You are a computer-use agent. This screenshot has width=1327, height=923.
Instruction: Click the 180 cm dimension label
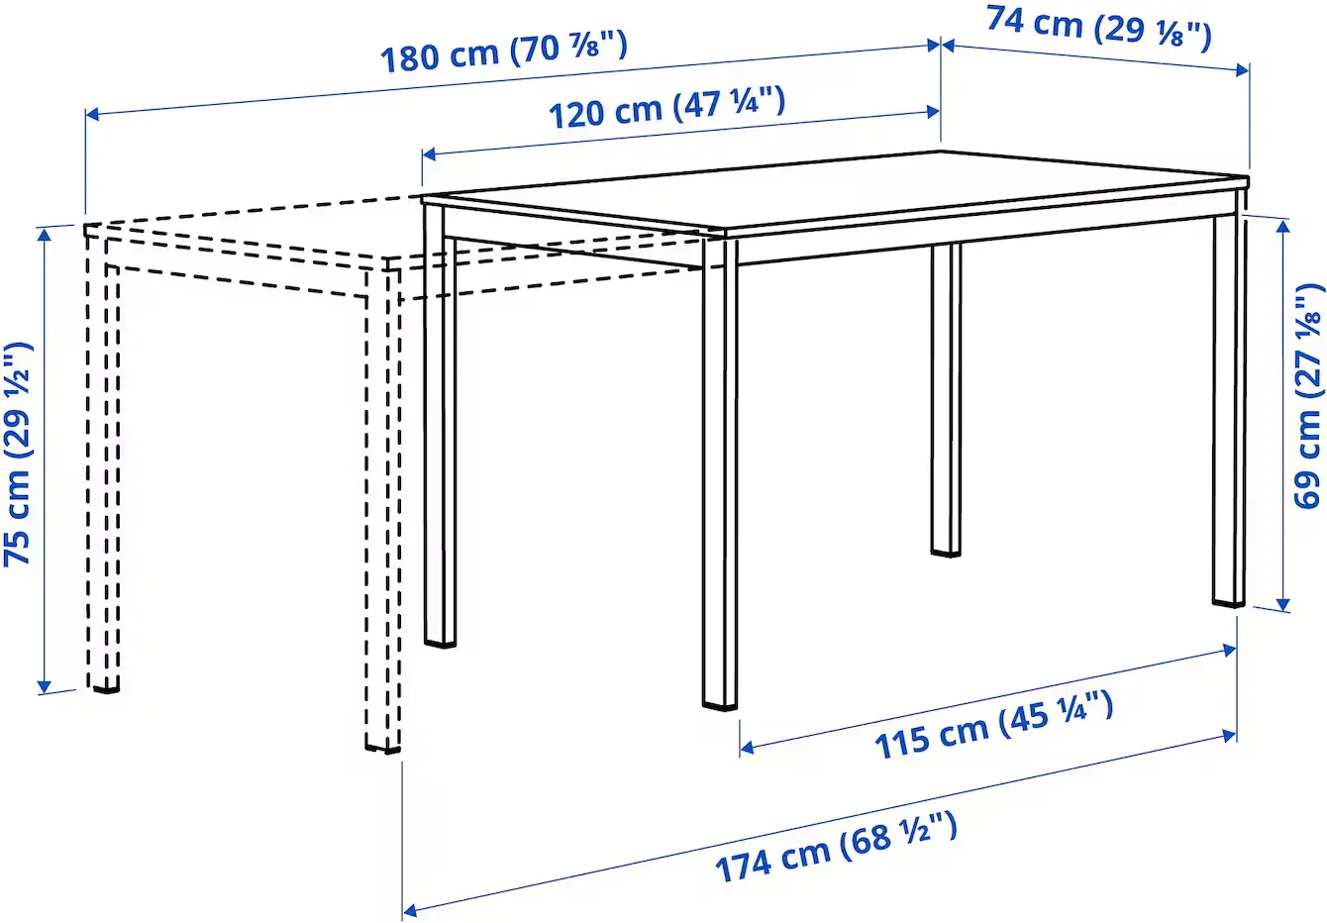tap(504, 52)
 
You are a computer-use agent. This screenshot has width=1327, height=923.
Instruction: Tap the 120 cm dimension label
tap(666, 107)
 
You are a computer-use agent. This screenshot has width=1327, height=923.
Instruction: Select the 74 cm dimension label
tap(1098, 27)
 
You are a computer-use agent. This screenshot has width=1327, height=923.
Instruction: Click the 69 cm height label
tap(1307, 396)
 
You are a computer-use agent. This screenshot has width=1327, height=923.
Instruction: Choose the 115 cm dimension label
tap(993, 726)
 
